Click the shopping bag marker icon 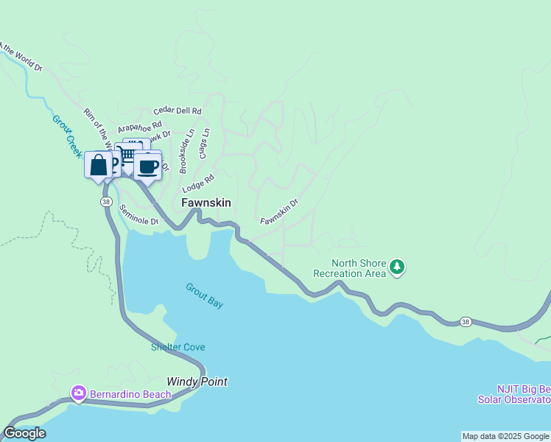point(99,165)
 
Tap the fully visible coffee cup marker point(147,166)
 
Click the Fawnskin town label point(206,203)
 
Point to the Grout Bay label point(204,295)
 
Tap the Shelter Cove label point(178,347)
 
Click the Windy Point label point(197,382)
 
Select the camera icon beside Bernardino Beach point(79,393)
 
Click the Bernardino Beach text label point(130,394)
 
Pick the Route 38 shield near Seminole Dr point(107,201)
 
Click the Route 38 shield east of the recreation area point(465,321)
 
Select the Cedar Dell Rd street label point(177,111)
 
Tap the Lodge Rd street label point(198,183)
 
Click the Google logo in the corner point(24,433)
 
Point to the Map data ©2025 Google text point(505,436)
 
